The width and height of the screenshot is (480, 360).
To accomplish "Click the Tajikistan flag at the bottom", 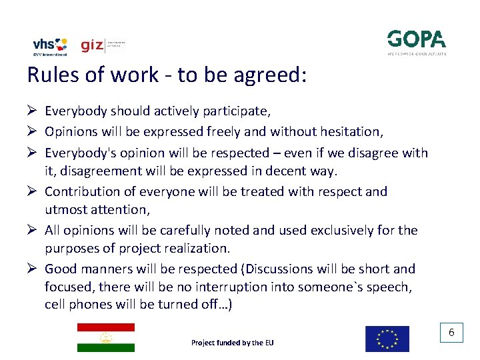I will [105, 337].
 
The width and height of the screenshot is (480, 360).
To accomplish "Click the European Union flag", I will [387, 339].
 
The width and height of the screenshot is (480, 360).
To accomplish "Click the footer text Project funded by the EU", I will [232, 343].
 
